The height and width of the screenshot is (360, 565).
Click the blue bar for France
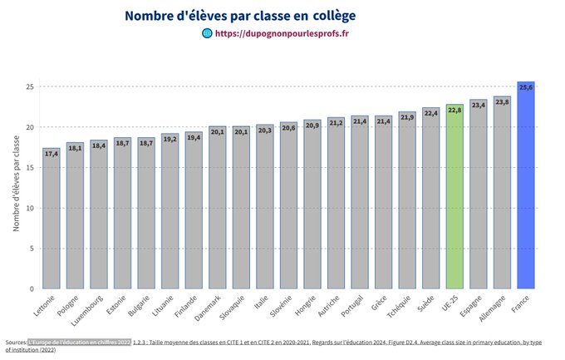(525, 187)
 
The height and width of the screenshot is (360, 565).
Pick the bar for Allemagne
(502, 194)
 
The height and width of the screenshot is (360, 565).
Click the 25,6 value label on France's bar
(525, 86)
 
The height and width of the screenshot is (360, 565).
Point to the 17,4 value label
(52, 154)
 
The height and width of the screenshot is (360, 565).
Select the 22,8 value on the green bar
(454, 109)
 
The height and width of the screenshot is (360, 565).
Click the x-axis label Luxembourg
(88, 310)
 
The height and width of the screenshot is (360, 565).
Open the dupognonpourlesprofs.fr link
(282, 34)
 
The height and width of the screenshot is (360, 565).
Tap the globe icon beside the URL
(207, 34)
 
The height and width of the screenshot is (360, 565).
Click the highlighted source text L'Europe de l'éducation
(79, 342)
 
